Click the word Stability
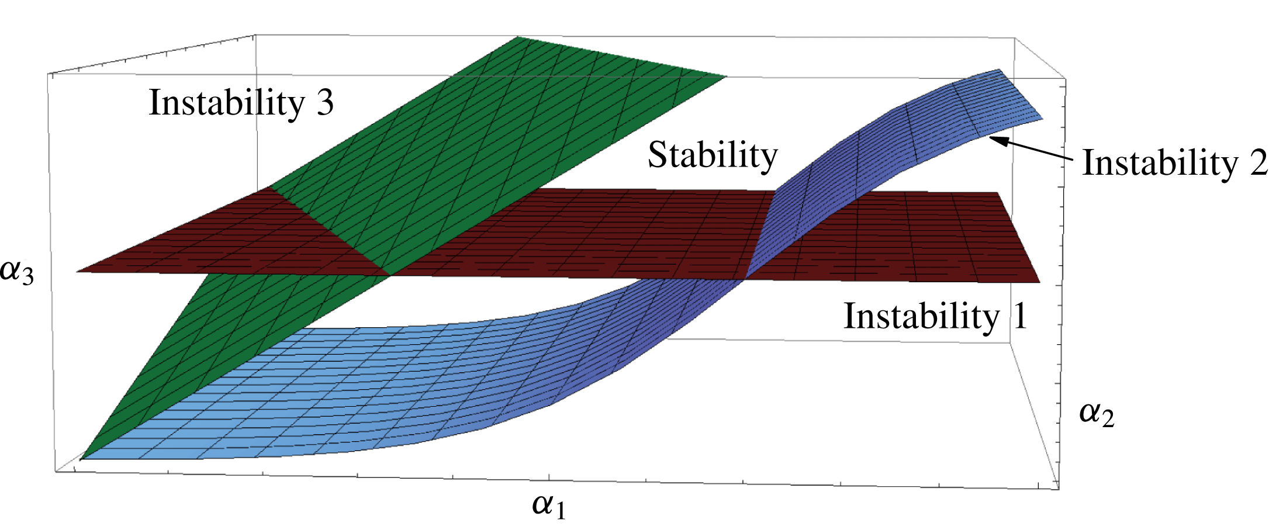coord(713,155)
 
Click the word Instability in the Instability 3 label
coord(227,103)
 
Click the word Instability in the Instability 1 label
coord(921,316)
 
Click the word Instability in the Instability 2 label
coord(1160,163)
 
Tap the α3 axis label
coord(17,271)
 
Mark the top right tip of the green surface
coord(725,76)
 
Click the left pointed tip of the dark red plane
coord(77,272)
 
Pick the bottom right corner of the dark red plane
coord(1040,282)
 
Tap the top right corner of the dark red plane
coord(997,193)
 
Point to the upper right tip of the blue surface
coord(998,70)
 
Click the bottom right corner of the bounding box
coord(1059,489)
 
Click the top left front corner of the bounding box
coord(48,74)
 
